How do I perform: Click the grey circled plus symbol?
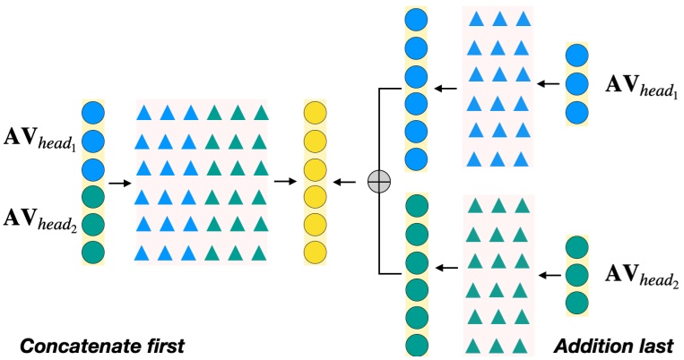(x=379, y=182)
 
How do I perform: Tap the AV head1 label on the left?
(x=39, y=142)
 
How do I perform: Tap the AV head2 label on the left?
(x=39, y=216)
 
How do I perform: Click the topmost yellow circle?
(x=315, y=114)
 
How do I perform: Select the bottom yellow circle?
(x=315, y=251)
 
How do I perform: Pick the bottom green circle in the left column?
(x=94, y=251)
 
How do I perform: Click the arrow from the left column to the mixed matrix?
(x=117, y=182)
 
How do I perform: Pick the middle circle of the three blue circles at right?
(x=578, y=85)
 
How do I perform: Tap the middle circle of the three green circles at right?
(x=578, y=272)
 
